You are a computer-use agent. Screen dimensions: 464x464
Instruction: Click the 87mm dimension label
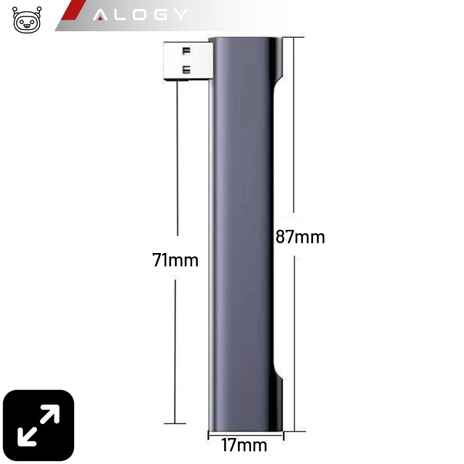point(300,236)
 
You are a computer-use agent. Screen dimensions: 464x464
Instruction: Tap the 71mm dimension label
point(175,260)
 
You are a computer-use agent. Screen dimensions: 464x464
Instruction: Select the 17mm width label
point(244,444)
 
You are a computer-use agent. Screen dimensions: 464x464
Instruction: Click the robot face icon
point(27,20)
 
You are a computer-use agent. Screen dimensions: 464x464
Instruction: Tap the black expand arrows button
point(38,426)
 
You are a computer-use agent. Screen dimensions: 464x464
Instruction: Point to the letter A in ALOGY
point(101,14)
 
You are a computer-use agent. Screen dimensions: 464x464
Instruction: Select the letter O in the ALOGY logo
point(139,14)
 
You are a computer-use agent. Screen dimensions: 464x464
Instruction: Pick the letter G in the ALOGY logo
point(159,14)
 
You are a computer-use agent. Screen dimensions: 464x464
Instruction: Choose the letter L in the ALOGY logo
point(121,14)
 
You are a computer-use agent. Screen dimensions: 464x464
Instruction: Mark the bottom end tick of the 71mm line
point(175,422)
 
